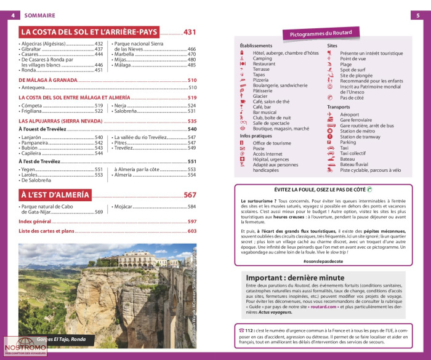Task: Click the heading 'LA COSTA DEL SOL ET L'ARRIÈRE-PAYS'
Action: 90,32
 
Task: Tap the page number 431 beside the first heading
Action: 190,32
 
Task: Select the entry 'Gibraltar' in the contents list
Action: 31,49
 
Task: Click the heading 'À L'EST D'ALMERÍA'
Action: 55,195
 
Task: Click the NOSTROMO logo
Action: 25,348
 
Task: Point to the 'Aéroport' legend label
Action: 350,114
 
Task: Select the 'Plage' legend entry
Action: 346,64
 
